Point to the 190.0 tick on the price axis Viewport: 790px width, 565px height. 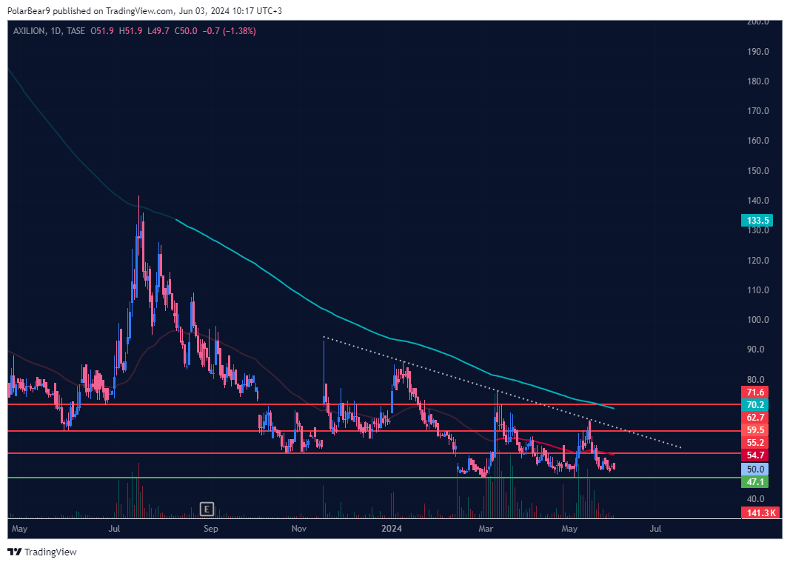[x=756, y=52]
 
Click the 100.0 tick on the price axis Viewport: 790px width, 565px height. [x=756, y=320]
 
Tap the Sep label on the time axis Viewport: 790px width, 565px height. [x=211, y=529]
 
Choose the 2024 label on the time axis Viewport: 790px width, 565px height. [x=391, y=529]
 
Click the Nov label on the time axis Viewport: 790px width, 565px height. [x=298, y=529]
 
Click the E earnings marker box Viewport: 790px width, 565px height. [x=207, y=509]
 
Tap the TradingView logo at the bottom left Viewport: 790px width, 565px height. [x=42, y=552]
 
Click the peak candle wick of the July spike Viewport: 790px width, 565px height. [x=138, y=198]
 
